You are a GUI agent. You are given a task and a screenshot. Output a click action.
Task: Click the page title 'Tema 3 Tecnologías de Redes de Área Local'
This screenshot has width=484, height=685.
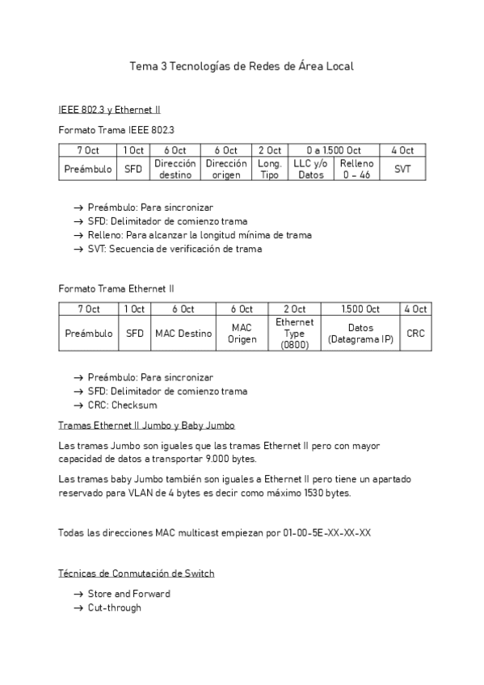242,66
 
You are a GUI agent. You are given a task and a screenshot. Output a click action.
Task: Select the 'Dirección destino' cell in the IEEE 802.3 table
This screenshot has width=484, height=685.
175,169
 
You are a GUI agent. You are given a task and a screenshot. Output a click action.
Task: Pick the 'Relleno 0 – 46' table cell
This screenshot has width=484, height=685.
356,169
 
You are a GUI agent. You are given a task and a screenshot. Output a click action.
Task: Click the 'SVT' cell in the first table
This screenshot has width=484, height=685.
402,169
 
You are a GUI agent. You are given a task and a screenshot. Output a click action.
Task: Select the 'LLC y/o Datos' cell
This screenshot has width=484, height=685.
311,169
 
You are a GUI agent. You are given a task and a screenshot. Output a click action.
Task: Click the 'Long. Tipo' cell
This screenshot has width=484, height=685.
269,169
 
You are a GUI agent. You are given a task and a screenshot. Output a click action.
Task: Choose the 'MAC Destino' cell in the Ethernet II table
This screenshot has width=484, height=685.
183,333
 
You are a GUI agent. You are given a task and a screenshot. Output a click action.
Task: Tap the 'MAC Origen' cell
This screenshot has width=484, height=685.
242,333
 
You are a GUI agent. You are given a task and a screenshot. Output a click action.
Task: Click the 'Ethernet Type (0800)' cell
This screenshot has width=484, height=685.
295,333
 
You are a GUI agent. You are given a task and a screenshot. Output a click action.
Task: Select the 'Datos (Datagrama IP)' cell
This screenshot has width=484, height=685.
360,333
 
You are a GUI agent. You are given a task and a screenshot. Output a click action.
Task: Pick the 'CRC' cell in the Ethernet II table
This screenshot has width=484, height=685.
415,333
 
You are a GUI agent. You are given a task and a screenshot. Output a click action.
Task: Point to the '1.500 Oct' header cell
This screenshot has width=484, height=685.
360,309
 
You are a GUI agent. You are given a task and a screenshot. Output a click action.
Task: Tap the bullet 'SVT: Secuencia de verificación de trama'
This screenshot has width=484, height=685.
175,249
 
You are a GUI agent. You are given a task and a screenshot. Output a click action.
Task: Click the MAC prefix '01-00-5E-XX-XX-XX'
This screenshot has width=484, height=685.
327,532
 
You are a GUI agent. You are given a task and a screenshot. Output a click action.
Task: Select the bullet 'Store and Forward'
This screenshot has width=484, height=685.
128,594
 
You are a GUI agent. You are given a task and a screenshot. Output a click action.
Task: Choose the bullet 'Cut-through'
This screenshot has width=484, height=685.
114,607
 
